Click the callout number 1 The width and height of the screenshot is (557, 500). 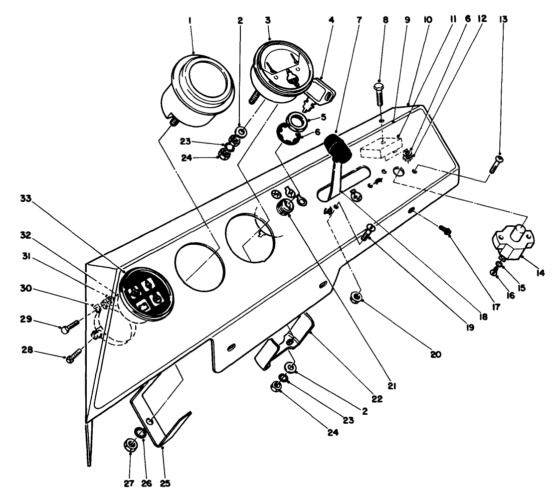click(191, 21)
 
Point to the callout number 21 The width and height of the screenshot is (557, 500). click(391, 385)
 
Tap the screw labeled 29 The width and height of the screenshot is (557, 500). click(70, 326)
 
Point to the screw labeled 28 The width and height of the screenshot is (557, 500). click(73, 357)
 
